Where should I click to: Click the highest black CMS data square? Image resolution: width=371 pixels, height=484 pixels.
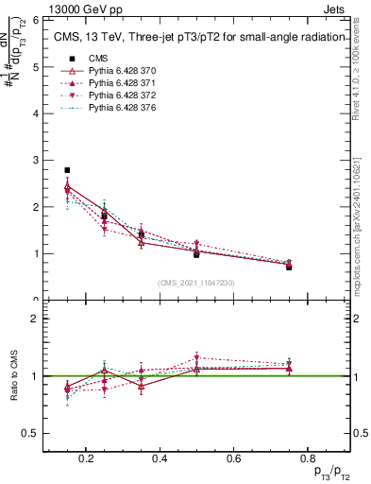pos(67,170)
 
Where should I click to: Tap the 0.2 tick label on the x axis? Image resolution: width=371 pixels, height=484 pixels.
pos(86,458)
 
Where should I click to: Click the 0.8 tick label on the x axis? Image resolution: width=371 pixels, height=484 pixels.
pos(302,458)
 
